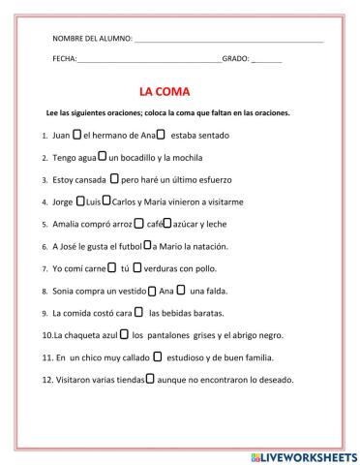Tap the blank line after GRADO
(266, 61)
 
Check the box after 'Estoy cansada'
(114, 178)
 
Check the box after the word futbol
(147, 245)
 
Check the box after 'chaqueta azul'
(123, 334)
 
